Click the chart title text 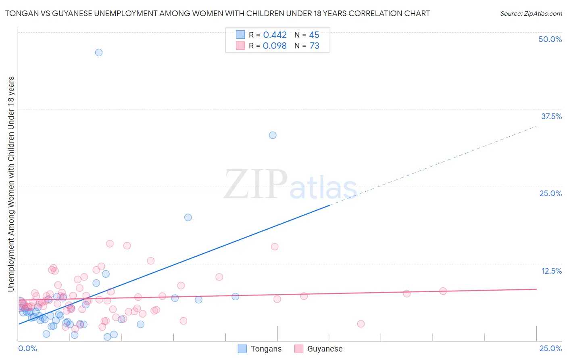217,13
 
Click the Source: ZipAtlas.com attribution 531,13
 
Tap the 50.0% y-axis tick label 550,39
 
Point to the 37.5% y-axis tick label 551,116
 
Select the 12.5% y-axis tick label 551,271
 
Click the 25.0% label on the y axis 550,193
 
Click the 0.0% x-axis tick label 27,348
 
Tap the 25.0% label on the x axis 550,348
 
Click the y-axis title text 11,184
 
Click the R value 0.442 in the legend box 275,35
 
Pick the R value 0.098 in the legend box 275,46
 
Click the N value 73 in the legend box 314,46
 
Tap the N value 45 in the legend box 314,35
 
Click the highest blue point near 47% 99,52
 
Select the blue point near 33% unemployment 273,135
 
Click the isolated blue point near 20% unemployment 188,218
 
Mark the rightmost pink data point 443,291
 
